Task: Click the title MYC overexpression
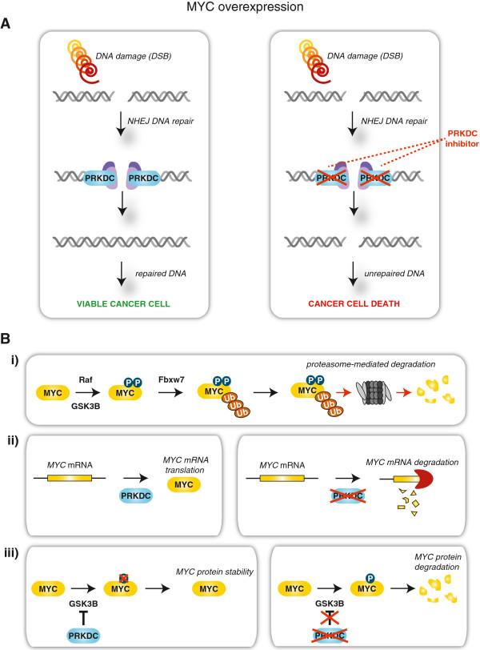coord(240,8)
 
